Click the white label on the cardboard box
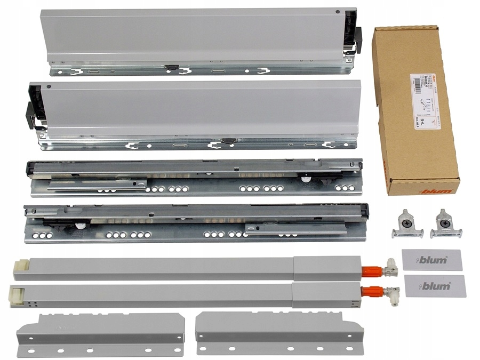423,101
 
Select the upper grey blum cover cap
432,260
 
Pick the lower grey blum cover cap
435,286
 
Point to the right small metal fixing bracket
445,223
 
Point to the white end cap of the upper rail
21,265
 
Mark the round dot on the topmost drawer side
337,12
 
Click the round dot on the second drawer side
49,86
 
